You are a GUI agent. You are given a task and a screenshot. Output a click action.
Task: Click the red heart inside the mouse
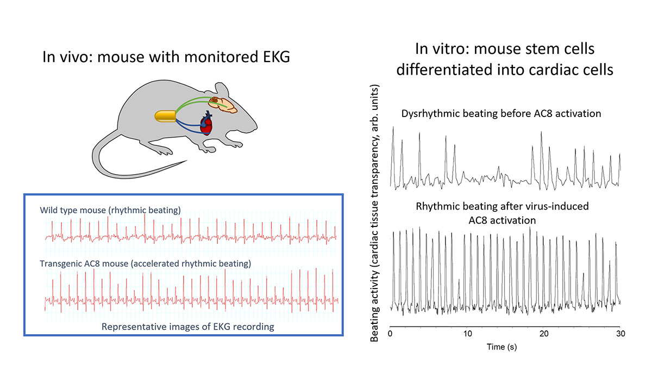pyautogui.click(x=206, y=124)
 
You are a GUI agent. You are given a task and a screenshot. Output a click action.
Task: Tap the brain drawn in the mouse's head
pyautogui.click(x=223, y=105)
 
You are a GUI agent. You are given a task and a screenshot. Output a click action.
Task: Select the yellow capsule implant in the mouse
pyautogui.click(x=165, y=116)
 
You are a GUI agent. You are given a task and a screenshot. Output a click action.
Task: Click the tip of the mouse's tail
pyautogui.click(x=187, y=161)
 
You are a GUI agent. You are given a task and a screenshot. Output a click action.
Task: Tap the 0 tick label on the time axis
pyautogui.click(x=390, y=334)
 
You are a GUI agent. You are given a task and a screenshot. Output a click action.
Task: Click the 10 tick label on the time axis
pyautogui.click(x=467, y=334)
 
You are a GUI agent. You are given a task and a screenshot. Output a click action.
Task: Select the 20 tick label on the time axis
pyautogui.click(x=544, y=334)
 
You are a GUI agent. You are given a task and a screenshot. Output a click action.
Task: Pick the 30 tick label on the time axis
pyautogui.click(x=620, y=334)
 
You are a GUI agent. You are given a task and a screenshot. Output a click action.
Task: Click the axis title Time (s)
pyautogui.click(x=502, y=347)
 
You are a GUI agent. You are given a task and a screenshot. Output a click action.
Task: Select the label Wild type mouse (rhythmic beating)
pyautogui.click(x=110, y=210)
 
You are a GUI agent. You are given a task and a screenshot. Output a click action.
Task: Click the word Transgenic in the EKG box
pyautogui.click(x=60, y=263)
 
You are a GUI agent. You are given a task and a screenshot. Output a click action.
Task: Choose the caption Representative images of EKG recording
pyautogui.click(x=188, y=327)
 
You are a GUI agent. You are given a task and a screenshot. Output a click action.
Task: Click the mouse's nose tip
pyautogui.click(x=256, y=127)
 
